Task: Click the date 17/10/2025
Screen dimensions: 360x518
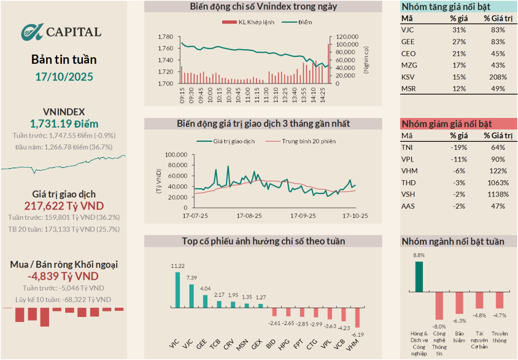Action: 64,77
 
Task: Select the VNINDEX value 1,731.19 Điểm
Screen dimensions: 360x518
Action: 64,124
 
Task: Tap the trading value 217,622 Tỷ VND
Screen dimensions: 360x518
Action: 64,206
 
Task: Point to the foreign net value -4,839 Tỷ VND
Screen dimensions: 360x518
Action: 64,276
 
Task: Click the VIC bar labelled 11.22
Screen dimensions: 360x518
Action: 178,290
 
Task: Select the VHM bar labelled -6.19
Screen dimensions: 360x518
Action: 357,317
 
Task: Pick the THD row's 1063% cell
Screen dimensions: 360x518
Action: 498,183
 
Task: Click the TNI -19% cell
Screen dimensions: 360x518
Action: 459,147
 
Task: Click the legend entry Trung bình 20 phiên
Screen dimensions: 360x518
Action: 308,141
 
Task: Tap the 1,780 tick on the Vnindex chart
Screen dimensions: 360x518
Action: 165,37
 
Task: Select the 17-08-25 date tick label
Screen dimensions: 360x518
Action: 249,215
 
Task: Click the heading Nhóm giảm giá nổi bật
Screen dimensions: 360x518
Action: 446,124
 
